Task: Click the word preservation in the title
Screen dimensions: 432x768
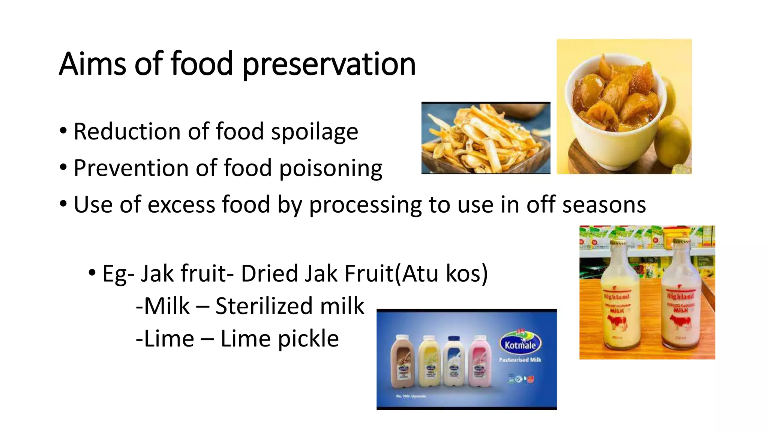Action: (x=329, y=64)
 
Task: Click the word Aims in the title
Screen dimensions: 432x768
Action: (x=92, y=64)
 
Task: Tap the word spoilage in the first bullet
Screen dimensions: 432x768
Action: (x=314, y=132)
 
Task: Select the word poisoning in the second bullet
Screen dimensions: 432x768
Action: (x=330, y=169)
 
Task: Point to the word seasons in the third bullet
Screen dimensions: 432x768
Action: (x=604, y=205)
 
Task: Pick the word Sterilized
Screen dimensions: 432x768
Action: (x=264, y=306)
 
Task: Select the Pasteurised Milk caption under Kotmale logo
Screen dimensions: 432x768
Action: (x=520, y=360)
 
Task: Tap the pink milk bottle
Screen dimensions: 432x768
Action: (x=479, y=363)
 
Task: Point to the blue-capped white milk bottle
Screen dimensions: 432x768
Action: (x=453, y=363)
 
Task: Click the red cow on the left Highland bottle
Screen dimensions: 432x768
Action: (x=616, y=322)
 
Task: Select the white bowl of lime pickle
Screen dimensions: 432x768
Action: (x=615, y=112)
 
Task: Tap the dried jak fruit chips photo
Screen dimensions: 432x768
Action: (x=486, y=138)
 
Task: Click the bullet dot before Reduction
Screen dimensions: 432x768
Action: (x=63, y=131)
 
